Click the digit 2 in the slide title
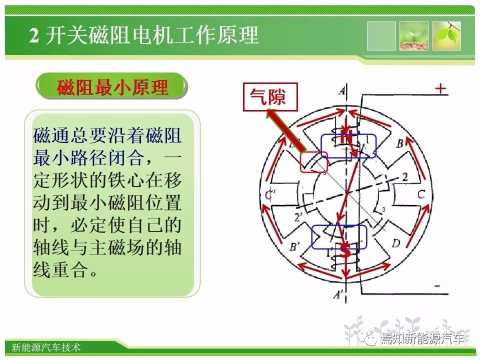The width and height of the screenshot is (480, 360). [34, 35]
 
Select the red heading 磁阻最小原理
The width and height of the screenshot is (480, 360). [112, 87]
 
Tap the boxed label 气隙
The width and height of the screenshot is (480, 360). [270, 96]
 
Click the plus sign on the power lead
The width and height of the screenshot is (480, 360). [440, 89]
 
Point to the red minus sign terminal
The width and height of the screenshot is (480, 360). [437, 286]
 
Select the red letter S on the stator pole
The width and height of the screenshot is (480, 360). [345, 251]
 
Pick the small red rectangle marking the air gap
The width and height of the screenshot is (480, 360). [314, 161]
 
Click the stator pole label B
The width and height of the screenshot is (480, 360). [400, 143]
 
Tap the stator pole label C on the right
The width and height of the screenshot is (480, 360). [421, 194]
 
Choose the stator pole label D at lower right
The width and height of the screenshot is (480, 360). [396, 243]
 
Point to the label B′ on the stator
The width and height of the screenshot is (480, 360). [294, 246]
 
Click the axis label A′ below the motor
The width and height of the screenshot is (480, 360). [337, 295]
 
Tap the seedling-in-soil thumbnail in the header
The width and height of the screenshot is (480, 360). [414, 36]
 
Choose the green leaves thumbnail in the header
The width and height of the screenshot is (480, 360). [446, 36]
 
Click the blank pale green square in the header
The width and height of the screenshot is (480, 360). [381, 36]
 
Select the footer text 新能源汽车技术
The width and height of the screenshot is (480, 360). [46, 347]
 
